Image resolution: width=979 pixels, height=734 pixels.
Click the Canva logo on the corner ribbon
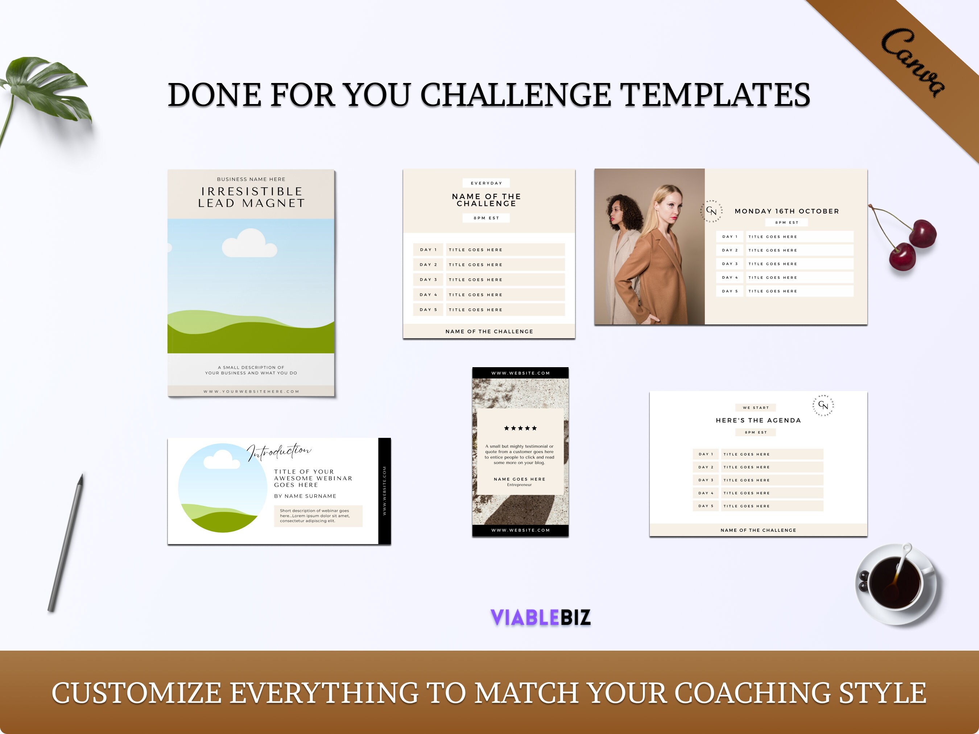pos(913,62)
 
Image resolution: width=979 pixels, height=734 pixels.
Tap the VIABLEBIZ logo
pos(540,617)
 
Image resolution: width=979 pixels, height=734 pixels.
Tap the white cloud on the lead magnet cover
pos(249,243)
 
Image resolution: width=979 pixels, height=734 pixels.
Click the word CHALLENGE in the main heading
pos(516,95)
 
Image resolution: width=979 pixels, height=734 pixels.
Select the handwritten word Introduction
pos(279,451)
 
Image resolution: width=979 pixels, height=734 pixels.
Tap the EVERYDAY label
pos(486,183)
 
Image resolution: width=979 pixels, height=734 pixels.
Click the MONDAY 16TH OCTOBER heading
pos(786,211)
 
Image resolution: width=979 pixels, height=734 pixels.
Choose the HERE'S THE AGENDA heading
pos(758,420)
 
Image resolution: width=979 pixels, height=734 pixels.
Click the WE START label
pos(756,407)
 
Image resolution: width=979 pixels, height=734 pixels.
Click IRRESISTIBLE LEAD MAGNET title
pos(251,197)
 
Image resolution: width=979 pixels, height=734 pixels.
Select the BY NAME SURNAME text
pos(305,496)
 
